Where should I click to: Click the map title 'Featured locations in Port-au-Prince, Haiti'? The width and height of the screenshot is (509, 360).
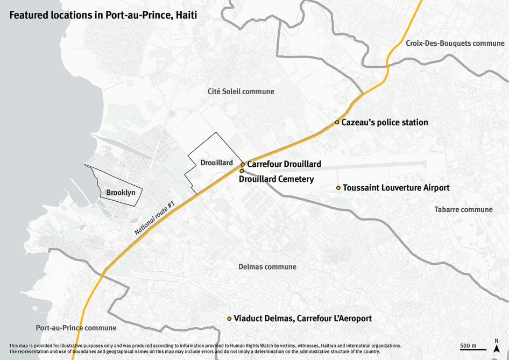(x=103, y=15)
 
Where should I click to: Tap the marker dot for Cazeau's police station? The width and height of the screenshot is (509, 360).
(x=337, y=122)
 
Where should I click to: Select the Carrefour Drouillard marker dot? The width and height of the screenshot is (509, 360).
(x=243, y=164)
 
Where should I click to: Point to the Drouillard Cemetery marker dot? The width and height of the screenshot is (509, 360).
(x=242, y=171)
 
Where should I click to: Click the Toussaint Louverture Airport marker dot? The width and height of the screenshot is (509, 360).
(x=338, y=188)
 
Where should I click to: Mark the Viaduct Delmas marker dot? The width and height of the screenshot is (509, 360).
(x=229, y=319)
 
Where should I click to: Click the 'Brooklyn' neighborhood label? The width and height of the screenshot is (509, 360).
(x=121, y=192)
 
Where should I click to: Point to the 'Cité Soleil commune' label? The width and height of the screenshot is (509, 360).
(x=241, y=91)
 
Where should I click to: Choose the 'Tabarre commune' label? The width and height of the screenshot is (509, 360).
(x=463, y=209)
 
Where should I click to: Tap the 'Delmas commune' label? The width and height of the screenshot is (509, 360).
(x=267, y=267)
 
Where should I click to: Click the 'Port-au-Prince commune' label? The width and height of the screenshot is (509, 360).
(x=76, y=328)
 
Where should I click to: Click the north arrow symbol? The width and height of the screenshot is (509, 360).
(x=496, y=346)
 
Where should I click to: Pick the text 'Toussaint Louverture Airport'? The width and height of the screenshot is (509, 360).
(x=396, y=188)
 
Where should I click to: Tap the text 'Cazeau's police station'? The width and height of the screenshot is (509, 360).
(x=385, y=122)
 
